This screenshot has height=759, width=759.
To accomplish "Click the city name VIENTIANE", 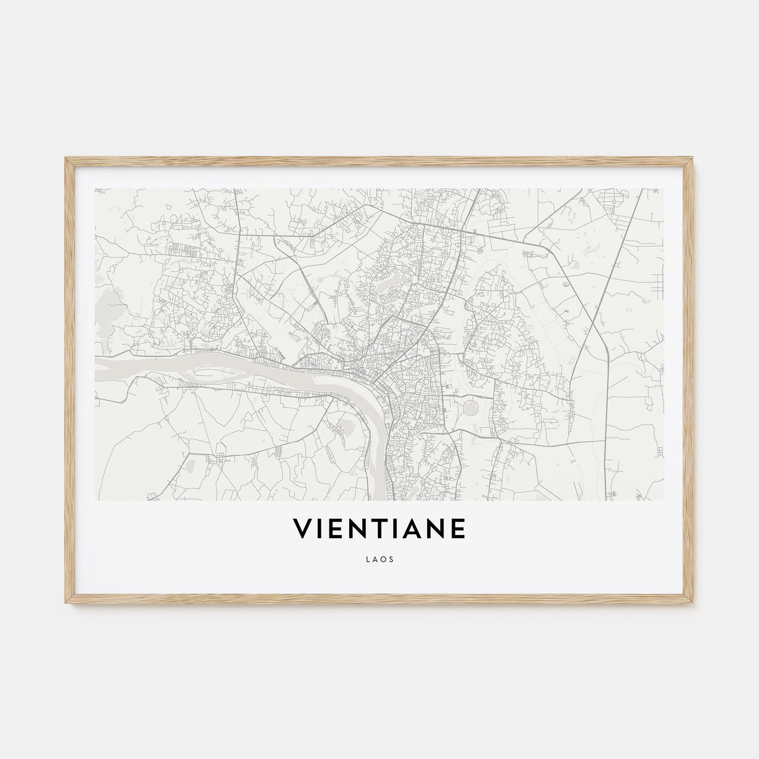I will (379, 529).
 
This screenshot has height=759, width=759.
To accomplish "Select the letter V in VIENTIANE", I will (302, 529).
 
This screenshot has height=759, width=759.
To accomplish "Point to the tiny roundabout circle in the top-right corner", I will (614, 201).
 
